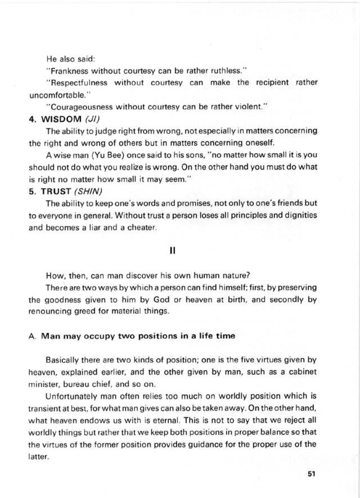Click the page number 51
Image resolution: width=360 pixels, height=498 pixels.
click(311, 474)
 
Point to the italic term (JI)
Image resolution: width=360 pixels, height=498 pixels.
click(93, 119)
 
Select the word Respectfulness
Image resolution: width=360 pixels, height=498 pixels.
click(77, 83)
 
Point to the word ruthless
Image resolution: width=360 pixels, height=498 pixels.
click(231, 70)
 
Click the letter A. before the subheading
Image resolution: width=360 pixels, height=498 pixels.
click(31, 336)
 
